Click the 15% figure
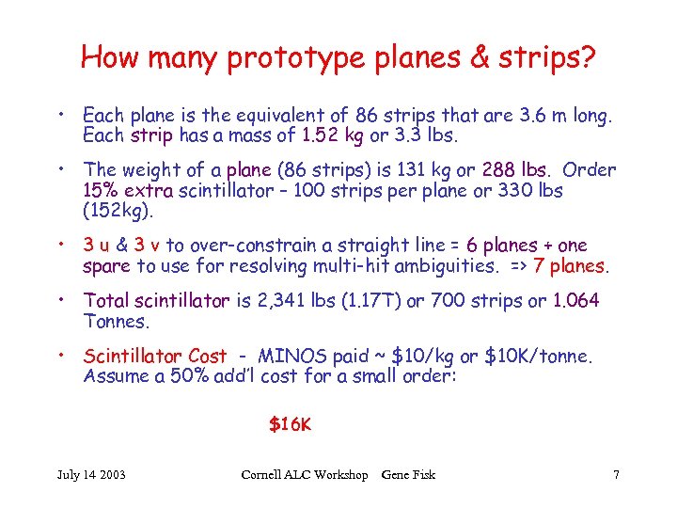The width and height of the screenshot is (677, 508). point(101,190)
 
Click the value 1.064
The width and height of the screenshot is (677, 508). point(575,301)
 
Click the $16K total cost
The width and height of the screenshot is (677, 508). point(290,424)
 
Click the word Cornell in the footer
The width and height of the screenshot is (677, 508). point(266,475)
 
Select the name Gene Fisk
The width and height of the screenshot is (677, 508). point(408,475)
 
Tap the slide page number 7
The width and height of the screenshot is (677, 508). point(616,475)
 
